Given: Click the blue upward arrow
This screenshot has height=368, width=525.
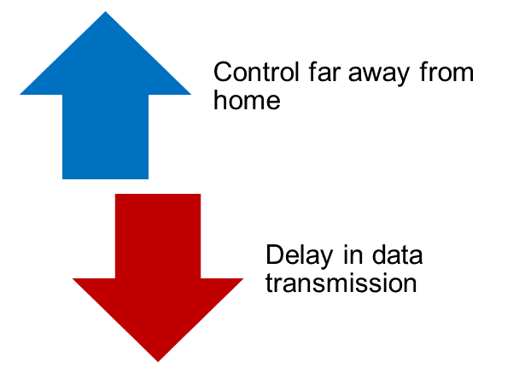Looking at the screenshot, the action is click(x=106, y=101).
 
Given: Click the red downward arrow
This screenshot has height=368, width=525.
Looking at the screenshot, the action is click(x=158, y=268).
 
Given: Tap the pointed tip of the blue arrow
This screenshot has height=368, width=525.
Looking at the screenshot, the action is click(x=106, y=12).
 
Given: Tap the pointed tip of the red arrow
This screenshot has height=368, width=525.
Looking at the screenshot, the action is click(x=158, y=362).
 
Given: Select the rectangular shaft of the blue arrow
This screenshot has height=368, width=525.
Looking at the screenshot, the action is click(x=106, y=137).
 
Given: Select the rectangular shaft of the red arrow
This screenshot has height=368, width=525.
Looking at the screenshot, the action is click(x=158, y=236).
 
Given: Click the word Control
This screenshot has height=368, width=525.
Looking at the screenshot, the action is click(x=256, y=72).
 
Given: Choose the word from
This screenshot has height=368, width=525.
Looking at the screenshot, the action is click(x=446, y=72).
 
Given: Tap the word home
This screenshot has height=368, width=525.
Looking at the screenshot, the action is click(x=247, y=100).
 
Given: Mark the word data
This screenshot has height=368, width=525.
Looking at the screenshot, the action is click(x=398, y=254).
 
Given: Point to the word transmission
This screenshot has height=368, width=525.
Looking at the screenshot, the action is click(x=341, y=283).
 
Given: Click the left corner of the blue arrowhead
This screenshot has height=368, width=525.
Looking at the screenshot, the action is click(x=20, y=95).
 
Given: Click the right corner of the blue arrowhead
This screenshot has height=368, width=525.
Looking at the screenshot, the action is click(x=191, y=95).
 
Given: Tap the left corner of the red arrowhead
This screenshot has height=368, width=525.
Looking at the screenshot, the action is click(x=73, y=278).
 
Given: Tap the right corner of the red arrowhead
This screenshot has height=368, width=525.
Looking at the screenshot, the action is click(x=243, y=278).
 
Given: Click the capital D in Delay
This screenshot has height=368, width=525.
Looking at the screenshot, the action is click(x=275, y=254).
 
